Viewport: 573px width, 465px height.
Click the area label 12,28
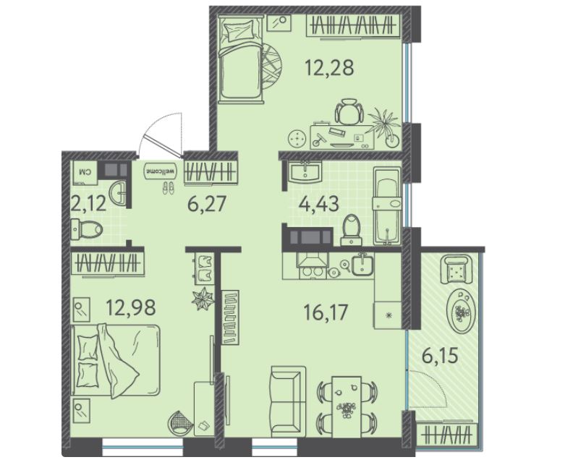[x=329, y=68]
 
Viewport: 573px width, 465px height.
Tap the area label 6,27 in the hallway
[x=208, y=204]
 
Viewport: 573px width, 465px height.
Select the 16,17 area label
[x=326, y=312]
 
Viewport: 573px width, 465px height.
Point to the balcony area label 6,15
[x=440, y=355]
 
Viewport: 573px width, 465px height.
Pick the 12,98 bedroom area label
[x=131, y=307]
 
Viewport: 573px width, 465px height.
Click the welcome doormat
[x=161, y=171]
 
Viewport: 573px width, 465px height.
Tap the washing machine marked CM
[x=85, y=171]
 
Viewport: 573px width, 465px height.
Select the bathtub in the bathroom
[x=386, y=207]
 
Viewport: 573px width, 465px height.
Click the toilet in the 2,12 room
[x=86, y=229]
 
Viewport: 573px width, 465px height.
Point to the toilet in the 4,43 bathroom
[x=352, y=229]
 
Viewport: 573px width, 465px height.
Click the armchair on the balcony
[x=455, y=270]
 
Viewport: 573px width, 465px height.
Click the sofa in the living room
[x=288, y=402]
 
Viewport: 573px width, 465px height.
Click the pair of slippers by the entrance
[x=168, y=187]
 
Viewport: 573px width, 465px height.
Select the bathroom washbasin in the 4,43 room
[x=305, y=172]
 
